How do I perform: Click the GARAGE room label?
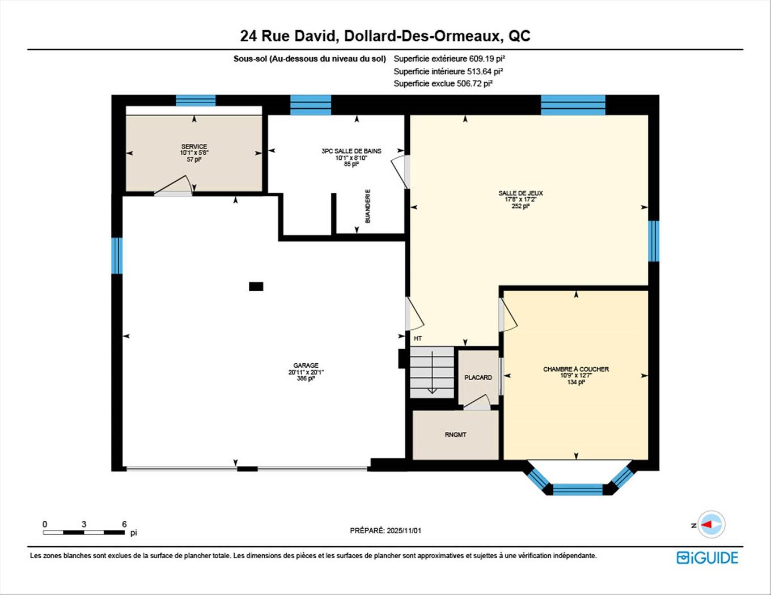306,365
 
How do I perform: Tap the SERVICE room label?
194,147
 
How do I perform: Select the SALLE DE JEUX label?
520,193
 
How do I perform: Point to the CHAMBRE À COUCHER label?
575,369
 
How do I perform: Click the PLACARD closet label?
478,377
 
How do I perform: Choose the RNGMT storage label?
455,435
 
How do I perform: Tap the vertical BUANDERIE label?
368,206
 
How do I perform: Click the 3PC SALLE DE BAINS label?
351,151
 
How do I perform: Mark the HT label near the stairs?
418,338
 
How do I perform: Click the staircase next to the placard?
432,371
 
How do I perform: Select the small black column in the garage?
256,287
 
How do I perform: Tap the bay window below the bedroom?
578,488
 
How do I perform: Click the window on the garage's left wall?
117,256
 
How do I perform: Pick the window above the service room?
196,101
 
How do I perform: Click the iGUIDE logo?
707,558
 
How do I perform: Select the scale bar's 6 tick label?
124,524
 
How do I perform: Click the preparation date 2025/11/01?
404,531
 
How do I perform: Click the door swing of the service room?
176,186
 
